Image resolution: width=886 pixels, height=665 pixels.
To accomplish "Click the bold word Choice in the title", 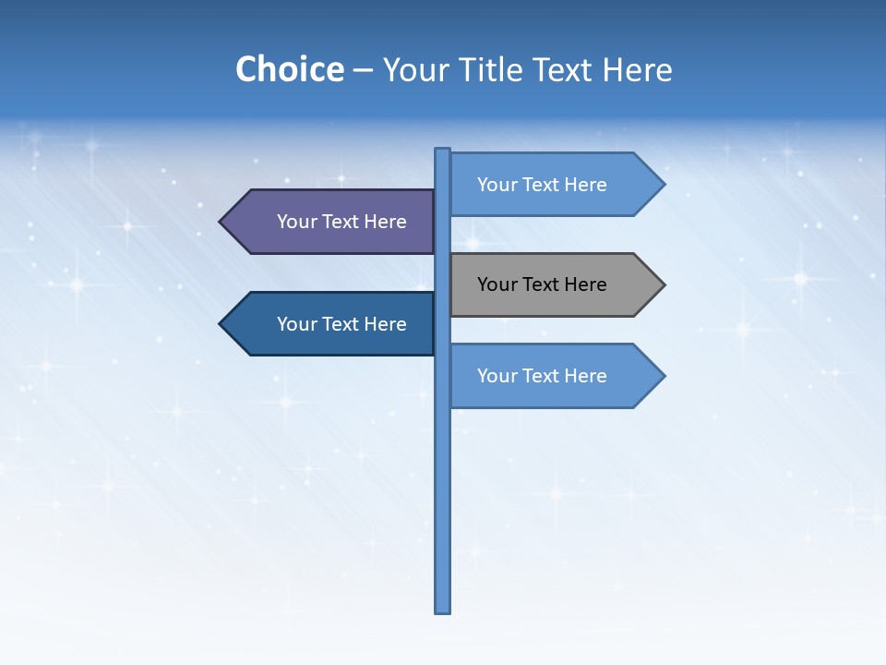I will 289,69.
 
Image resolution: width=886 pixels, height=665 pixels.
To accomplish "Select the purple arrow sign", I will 332,222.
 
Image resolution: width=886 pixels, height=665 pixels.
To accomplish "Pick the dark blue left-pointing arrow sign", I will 332,324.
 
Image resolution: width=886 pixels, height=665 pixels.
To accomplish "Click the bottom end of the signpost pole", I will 443,610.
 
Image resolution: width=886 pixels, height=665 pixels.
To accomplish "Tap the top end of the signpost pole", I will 443,151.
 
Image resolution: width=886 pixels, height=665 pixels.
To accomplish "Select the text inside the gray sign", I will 542,284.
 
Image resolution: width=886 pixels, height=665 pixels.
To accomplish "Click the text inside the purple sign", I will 341,222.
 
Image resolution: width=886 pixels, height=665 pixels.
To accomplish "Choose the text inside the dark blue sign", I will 341,324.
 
